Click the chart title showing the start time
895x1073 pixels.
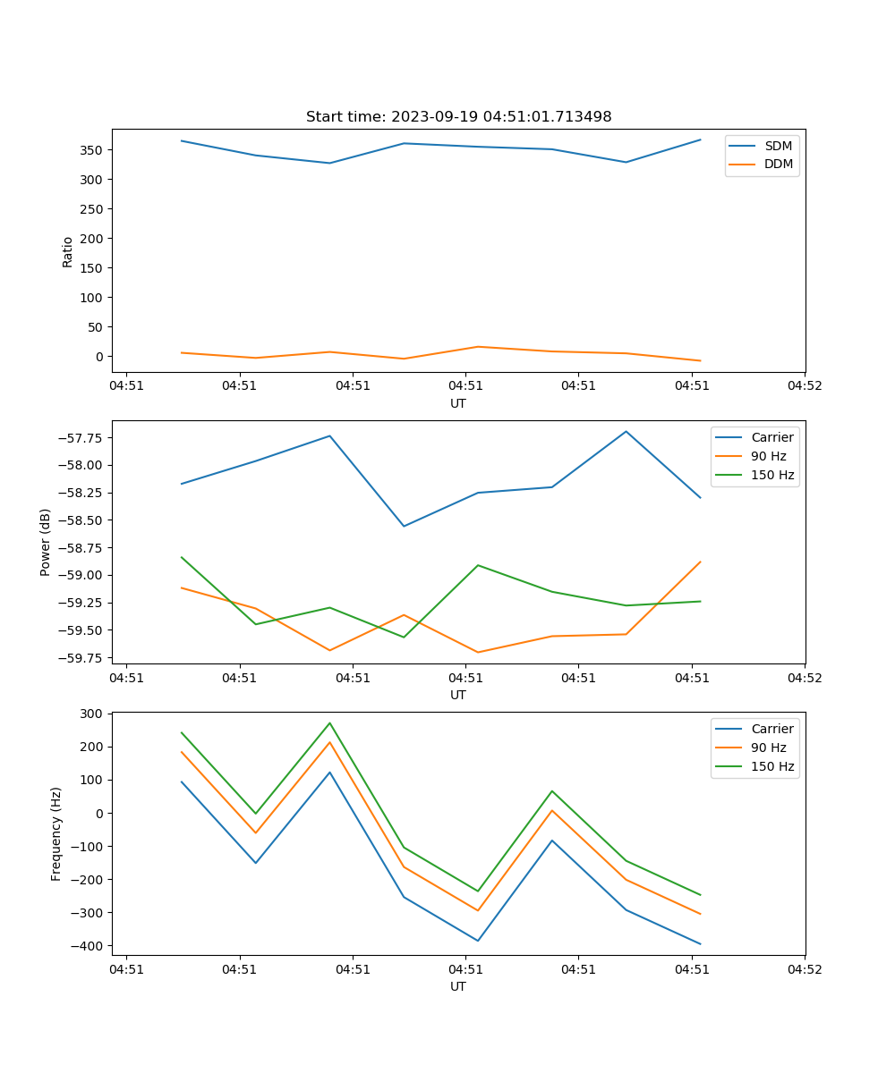[458, 117]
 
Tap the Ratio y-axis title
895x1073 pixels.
[68, 251]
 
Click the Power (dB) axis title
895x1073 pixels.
[46, 542]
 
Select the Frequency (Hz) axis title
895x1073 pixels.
[56, 833]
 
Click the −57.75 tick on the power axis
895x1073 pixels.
[82, 438]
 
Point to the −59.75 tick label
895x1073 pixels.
[82, 658]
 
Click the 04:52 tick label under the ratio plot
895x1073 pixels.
[805, 386]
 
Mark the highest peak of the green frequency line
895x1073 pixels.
[329, 722]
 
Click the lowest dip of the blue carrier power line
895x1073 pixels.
[404, 526]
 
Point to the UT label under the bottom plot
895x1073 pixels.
[458, 986]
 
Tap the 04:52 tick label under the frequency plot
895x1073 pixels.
[805, 969]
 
